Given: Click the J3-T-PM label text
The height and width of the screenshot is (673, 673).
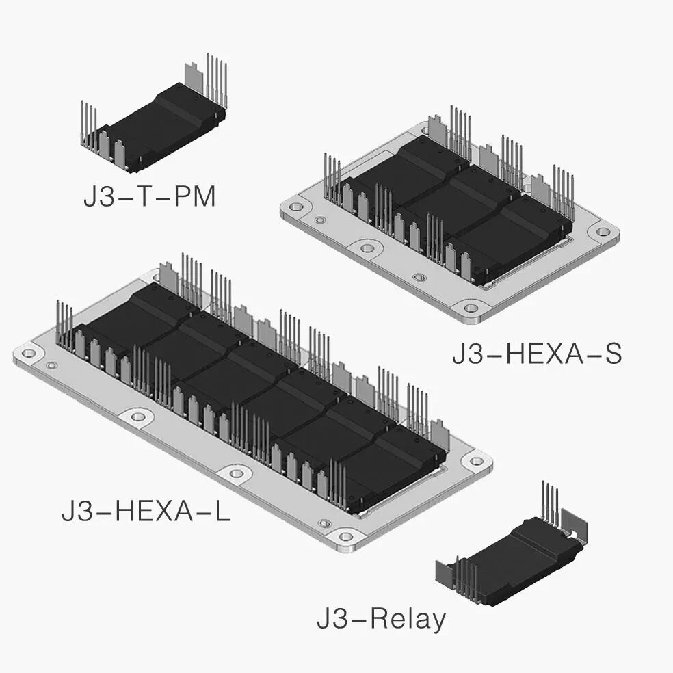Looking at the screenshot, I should [x=149, y=197].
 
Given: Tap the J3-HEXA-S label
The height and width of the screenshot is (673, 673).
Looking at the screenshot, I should [x=536, y=355].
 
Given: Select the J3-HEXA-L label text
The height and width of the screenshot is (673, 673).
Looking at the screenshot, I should [x=146, y=511].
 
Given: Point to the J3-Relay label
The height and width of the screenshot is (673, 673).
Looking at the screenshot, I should [x=381, y=620].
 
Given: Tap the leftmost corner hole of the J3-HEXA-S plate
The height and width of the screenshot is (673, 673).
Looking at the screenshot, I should [x=295, y=207].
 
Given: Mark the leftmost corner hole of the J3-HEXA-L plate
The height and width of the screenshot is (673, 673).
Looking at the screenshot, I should [x=29, y=354].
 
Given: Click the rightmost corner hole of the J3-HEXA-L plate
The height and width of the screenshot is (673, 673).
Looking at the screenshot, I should [x=477, y=461].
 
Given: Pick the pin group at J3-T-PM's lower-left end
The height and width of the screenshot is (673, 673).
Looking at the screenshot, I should [x=89, y=123].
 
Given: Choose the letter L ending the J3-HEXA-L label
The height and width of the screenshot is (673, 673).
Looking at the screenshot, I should [x=220, y=511].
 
